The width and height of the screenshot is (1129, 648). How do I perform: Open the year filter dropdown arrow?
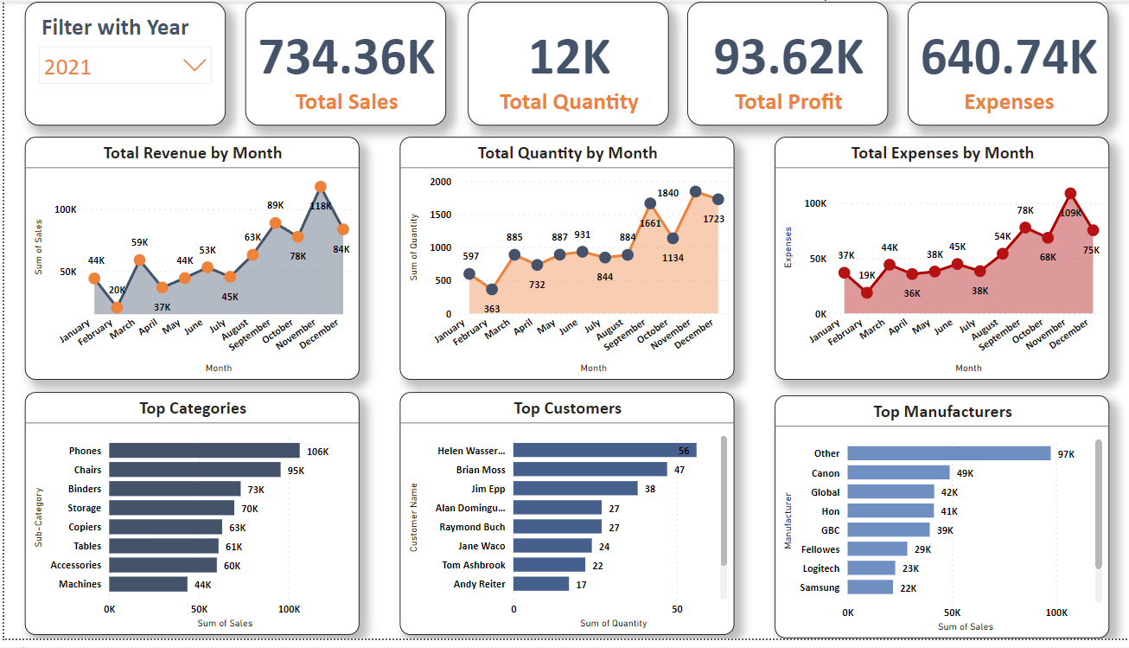point(195,66)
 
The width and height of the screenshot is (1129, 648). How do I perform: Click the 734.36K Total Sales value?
point(347,56)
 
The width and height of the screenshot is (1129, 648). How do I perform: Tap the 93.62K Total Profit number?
point(788,56)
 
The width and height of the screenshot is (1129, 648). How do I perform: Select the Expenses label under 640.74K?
point(1008,102)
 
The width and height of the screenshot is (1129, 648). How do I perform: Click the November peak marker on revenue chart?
point(321,187)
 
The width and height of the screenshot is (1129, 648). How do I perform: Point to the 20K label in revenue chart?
point(117,290)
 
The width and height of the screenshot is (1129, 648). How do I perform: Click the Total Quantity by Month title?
point(567,153)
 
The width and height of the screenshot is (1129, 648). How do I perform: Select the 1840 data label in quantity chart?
point(667,193)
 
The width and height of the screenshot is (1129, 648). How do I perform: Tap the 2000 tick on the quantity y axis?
point(441,182)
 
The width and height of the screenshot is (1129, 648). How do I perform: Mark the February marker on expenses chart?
point(867,292)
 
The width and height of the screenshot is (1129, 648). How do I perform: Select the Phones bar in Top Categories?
point(204,451)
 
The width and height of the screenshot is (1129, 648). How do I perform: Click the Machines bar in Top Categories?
point(148,584)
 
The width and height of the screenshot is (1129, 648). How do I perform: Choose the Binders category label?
point(85,489)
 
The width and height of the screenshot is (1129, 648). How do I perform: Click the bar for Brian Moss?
point(590,470)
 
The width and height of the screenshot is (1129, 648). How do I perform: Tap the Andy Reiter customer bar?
point(541,584)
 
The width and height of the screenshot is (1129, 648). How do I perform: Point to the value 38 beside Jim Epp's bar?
point(649,489)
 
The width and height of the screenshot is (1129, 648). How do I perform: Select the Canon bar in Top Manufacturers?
point(898,472)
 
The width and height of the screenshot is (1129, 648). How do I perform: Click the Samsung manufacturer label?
point(820,587)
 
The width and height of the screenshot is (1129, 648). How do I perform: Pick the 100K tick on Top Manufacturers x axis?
point(1056,613)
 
